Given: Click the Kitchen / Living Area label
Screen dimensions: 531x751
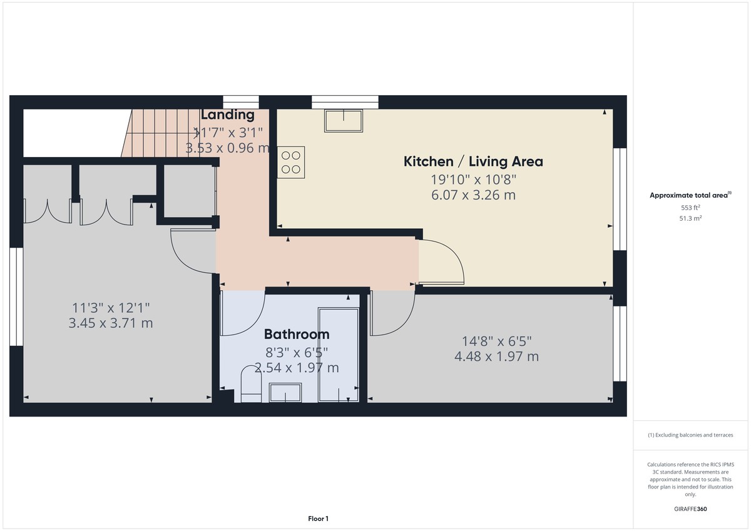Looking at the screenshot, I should coord(473,161).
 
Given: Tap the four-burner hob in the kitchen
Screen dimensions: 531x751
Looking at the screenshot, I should coord(290,162).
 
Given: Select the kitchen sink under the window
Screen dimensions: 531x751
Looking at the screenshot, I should coord(344,121).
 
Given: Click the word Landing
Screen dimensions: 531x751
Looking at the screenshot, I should coord(227,115).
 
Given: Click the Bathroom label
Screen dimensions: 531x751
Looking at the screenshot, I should coord(297,334).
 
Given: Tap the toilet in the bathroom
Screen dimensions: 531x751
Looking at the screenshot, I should coord(250,383).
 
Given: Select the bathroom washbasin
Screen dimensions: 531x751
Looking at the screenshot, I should coord(285,393).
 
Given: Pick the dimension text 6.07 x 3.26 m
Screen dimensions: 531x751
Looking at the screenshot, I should coord(473,195).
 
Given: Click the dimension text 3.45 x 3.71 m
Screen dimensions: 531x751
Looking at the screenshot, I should coord(111,323).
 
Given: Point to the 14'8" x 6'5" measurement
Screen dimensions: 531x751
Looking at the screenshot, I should coord(497,341).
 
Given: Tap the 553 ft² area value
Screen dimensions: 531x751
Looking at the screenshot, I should coord(690,208).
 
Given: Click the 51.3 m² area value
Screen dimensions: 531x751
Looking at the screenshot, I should coord(690,218).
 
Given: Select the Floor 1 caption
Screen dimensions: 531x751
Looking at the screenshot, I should coord(318,518).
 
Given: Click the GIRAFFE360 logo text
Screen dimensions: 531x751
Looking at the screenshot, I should coord(690,509).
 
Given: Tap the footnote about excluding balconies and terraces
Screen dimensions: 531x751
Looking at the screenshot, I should coord(690,435).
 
